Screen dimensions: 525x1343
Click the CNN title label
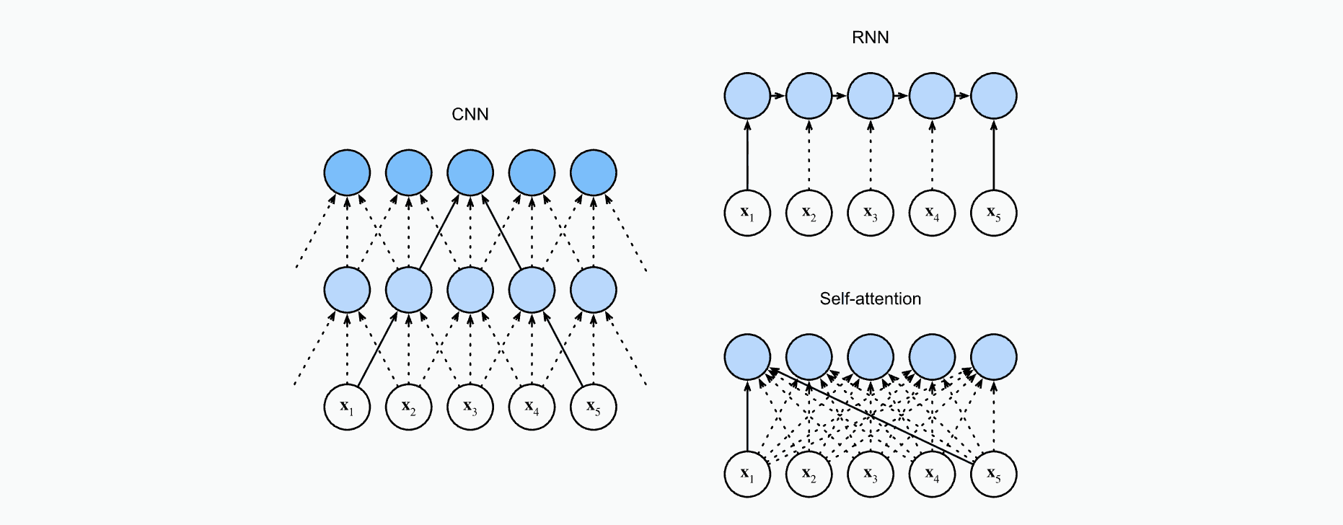[x=470, y=115]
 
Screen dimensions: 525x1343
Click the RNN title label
[x=870, y=37]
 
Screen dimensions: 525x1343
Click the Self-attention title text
[x=870, y=299]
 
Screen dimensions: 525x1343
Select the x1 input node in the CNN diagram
[x=347, y=407]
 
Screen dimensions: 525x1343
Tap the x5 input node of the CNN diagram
[x=593, y=407]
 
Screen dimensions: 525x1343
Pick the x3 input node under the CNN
[x=470, y=407]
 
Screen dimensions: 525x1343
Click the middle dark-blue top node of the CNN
[x=470, y=173]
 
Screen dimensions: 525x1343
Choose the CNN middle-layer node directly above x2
[x=409, y=290]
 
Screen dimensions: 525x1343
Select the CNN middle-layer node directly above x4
[x=532, y=290]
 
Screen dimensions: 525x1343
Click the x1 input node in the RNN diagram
[x=747, y=213]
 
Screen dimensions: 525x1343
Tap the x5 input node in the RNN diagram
[x=993, y=213]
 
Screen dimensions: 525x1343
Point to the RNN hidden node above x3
[x=871, y=96]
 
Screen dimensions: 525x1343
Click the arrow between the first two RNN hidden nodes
[x=778, y=96]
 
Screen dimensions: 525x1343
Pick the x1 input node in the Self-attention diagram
[x=747, y=474]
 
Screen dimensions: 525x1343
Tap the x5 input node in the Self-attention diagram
[x=993, y=474]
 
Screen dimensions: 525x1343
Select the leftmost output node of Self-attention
[x=747, y=357]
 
